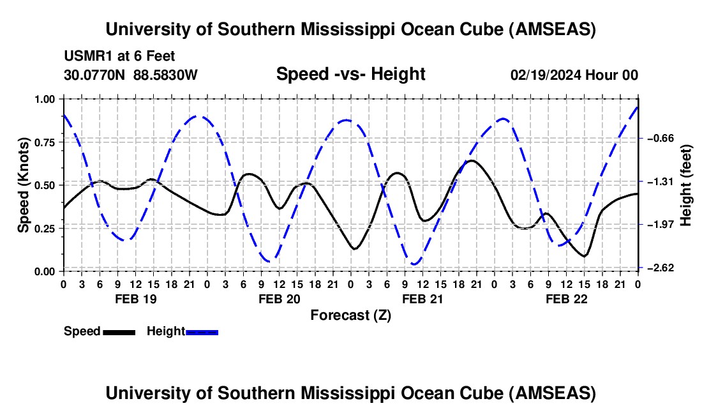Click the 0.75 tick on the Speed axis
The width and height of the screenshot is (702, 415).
click(46, 142)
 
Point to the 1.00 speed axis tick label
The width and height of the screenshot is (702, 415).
click(46, 99)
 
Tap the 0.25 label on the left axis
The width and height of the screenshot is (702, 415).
click(46, 229)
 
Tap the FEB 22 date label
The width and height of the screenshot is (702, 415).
click(565, 299)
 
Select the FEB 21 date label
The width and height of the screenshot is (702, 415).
click(422, 299)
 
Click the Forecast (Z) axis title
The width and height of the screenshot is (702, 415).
click(350, 315)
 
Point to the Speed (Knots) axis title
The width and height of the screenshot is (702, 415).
click(24, 185)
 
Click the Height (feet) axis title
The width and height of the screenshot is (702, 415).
click(687, 185)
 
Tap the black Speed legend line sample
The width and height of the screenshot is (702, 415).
click(119, 331)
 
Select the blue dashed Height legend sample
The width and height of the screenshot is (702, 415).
click(202, 331)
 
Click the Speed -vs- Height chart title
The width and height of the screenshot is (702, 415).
click(350, 74)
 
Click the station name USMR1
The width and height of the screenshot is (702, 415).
click(86, 57)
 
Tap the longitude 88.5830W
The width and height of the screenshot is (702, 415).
click(166, 75)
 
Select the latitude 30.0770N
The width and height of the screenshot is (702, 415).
click(95, 75)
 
